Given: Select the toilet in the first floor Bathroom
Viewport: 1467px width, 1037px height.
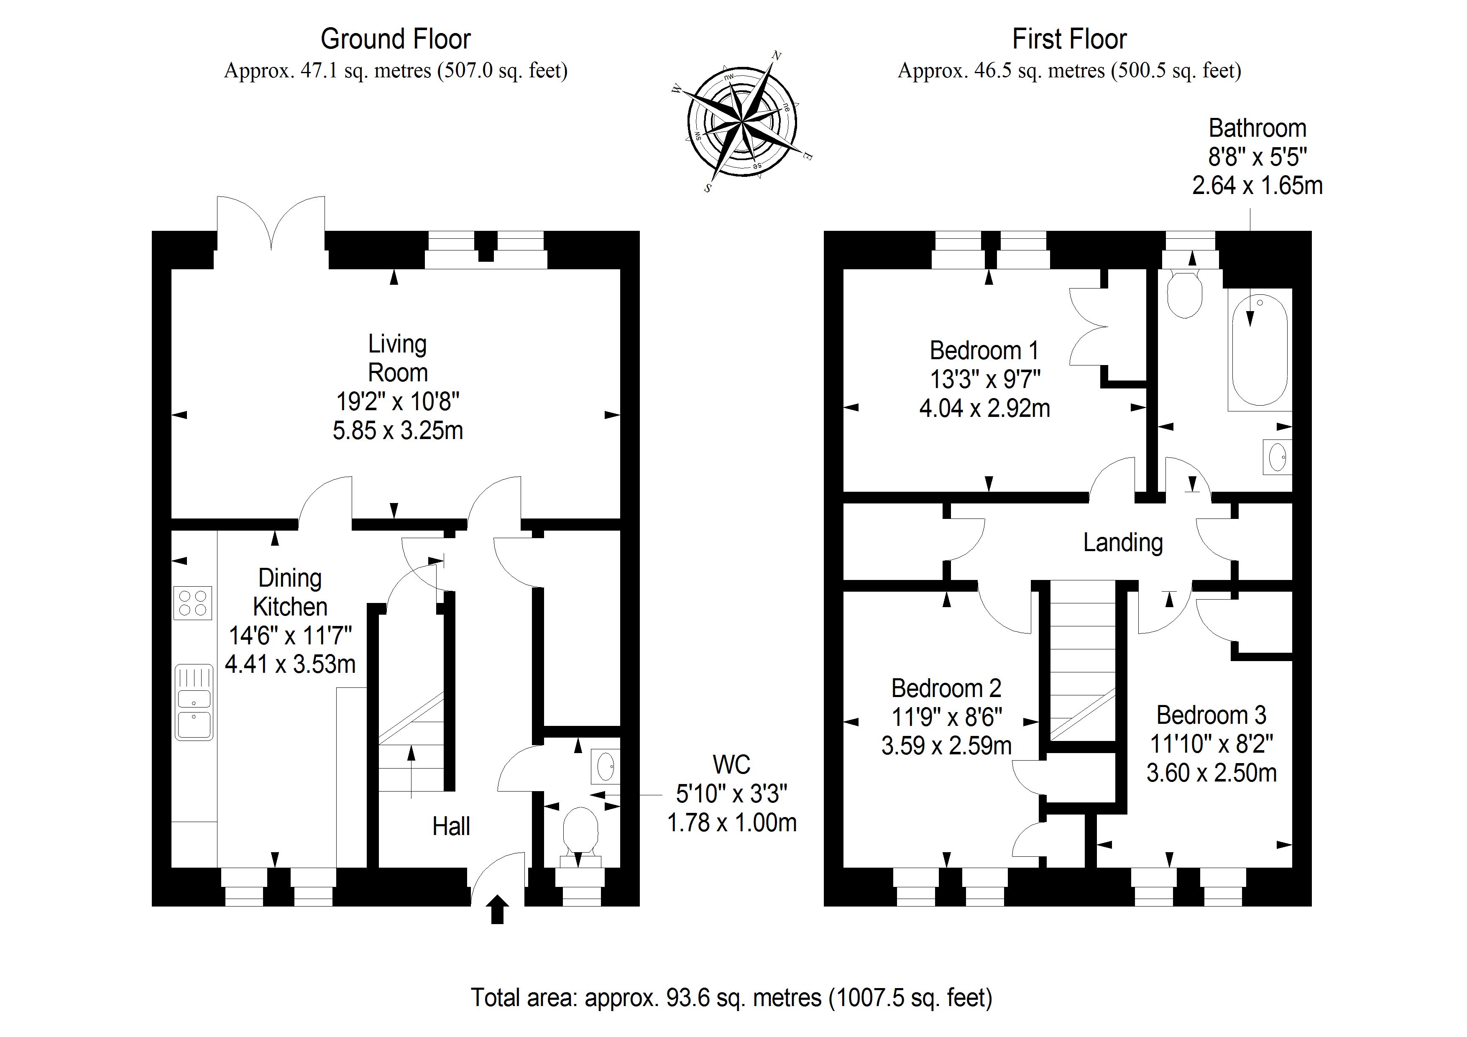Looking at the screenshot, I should tap(1184, 294).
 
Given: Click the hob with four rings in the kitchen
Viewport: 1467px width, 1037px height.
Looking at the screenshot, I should tap(192, 603).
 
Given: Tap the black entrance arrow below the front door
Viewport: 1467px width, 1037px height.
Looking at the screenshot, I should tap(497, 909).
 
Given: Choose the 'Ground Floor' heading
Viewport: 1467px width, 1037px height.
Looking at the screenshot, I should tap(396, 39).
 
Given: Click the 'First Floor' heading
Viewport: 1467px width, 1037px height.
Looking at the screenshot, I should tap(1069, 39).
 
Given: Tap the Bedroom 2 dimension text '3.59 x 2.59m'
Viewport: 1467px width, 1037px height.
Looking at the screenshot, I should tap(946, 746).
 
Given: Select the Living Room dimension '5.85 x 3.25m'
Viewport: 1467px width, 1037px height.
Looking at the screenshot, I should tap(397, 431).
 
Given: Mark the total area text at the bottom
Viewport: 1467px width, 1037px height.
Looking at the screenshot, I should tap(731, 997).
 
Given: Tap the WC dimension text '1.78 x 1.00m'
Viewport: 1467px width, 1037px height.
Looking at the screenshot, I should tap(731, 822).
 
